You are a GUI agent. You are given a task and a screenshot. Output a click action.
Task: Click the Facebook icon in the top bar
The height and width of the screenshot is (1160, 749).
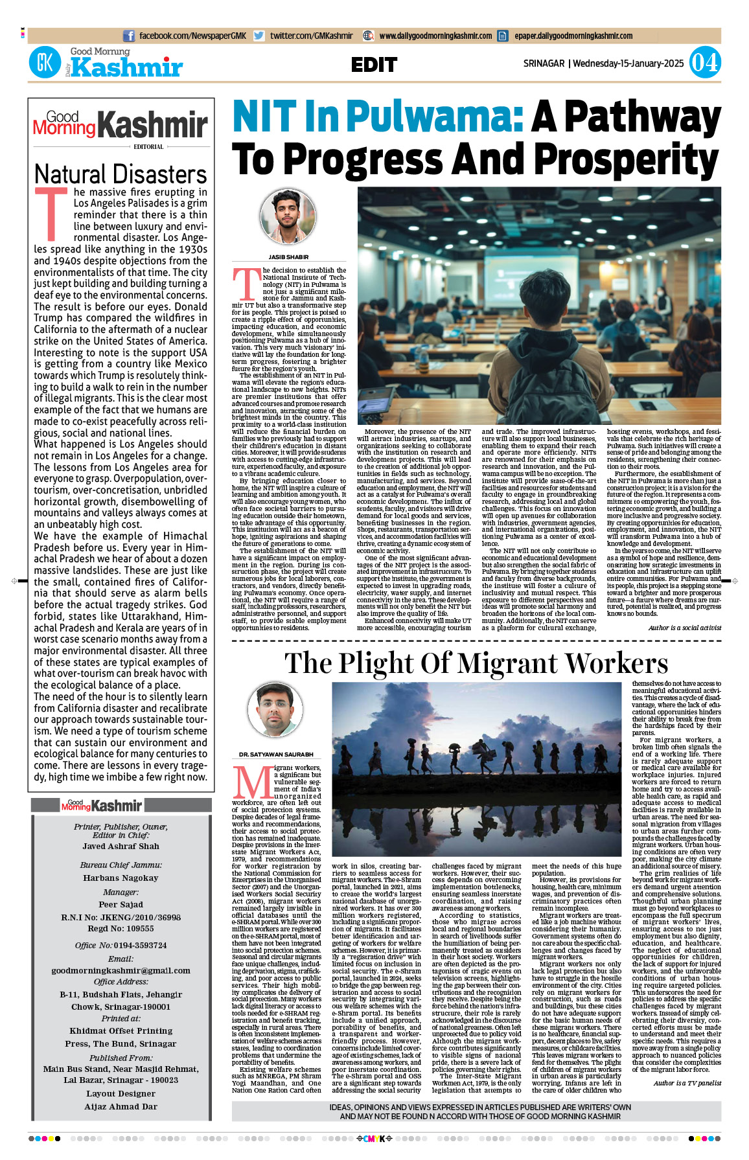(x=129, y=36)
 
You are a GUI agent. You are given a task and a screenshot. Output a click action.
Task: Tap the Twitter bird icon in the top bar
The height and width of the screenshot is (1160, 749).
(x=259, y=36)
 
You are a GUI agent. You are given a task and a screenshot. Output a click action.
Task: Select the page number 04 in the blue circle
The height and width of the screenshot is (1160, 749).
(x=704, y=63)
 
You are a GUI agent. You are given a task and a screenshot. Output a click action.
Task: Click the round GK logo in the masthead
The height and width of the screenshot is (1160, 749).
(x=45, y=63)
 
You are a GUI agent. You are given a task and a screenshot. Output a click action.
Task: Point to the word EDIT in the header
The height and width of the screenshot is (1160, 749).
(x=374, y=65)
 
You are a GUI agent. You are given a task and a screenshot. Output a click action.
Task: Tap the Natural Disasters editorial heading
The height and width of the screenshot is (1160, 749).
(x=121, y=175)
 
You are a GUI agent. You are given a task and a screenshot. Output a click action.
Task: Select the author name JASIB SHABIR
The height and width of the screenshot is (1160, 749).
(x=288, y=257)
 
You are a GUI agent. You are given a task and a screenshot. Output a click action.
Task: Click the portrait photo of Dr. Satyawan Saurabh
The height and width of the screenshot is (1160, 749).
(x=275, y=711)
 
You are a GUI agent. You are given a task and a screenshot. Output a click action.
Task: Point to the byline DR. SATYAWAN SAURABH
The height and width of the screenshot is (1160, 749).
(x=276, y=755)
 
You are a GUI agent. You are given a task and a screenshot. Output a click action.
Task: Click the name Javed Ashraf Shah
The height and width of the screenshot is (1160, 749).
(x=121, y=847)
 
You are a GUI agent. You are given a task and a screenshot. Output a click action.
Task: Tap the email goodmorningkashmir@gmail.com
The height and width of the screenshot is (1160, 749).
(x=121, y=970)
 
